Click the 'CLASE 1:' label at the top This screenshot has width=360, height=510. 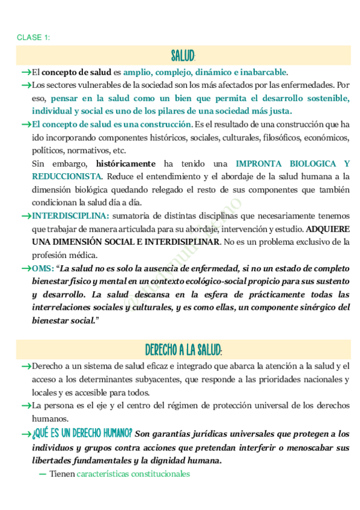click(34, 38)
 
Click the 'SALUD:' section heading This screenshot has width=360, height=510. click(183, 57)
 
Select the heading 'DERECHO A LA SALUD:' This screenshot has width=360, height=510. click(183, 350)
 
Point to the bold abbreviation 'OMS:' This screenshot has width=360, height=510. click(43, 269)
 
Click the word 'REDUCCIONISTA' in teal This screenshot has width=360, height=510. click(67, 176)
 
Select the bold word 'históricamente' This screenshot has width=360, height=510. click(126, 164)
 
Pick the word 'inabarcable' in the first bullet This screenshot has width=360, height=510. click(263, 72)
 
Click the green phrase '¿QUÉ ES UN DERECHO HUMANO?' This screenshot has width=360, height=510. click(82, 434)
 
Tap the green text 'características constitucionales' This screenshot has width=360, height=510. click(133, 474)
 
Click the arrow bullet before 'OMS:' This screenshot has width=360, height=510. click(26, 269)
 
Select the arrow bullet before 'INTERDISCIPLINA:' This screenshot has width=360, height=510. click(26, 215)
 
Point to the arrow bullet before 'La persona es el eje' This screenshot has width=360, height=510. click(26, 406)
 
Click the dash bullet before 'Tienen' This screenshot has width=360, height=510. click(42, 474)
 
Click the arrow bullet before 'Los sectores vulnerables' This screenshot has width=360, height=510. click(26, 85)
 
